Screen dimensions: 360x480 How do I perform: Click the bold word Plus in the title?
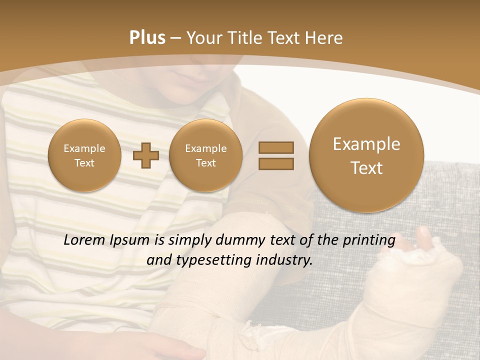(x=147, y=37)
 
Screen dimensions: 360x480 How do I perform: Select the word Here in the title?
(x=325, y=37)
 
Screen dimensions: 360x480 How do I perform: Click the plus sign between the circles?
(x=146, y=155)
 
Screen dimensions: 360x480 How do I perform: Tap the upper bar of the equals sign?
(x=276, y=147)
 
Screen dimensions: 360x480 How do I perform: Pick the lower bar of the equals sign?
(x=276, y=163)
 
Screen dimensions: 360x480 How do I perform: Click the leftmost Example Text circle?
(x=84, y=155)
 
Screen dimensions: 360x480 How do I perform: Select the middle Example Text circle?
(x=206, y=155)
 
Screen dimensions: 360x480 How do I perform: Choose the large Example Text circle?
(x=366, y=155)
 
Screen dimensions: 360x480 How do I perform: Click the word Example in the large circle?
(x=366, y=144)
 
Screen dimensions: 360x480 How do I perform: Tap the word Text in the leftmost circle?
(x=84, y=163)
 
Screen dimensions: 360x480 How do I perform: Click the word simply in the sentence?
(x=190, y=240)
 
